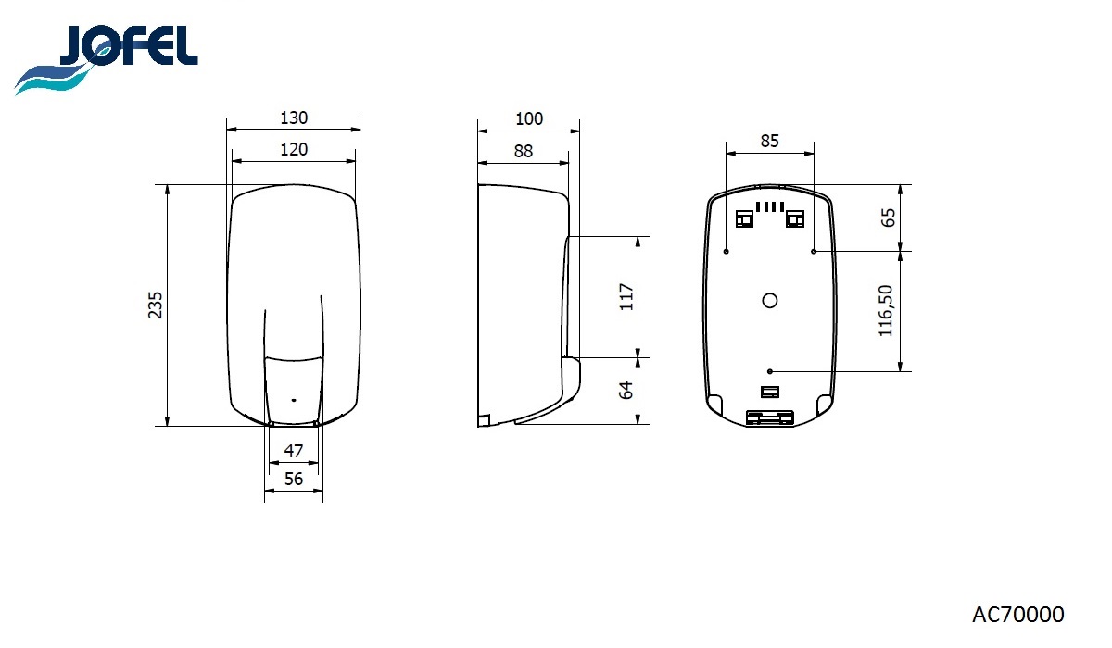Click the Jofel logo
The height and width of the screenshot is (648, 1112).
click(x=107, y=58)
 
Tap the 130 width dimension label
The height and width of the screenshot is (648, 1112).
click(x=294, y=118)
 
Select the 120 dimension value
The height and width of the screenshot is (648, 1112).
click(x=294, y=150)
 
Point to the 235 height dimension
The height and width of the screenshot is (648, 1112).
click(x=156, y=305)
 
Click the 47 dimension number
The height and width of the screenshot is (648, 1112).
click(x=294, y=451)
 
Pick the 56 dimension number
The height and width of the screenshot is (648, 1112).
click(x=294, y=479)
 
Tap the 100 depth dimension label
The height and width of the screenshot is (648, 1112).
click(x=529, y=119)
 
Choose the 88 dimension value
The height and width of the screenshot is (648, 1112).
click(x=524, y=151)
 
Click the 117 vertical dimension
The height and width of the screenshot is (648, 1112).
click(x=626, y=297)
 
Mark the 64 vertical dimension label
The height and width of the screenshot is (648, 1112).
click(x=626, y=390)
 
